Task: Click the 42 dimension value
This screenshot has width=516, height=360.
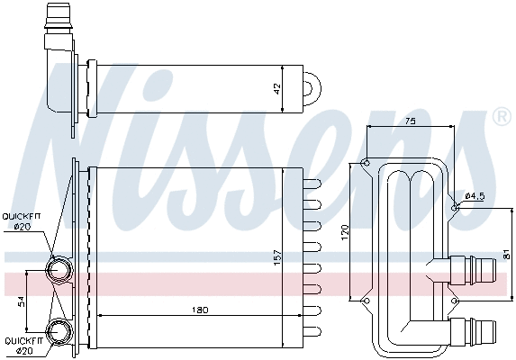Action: point(277,88)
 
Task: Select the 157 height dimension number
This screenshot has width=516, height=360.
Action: point(277,257)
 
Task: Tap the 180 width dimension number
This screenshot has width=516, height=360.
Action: point(200,310)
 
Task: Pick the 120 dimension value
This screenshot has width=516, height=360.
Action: point(344,231)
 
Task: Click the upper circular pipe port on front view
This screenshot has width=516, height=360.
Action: point(60,269)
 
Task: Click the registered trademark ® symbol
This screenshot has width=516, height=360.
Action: point(501,117)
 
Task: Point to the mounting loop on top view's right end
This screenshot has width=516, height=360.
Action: point(311,88)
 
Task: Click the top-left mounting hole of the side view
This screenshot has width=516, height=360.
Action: point(365,163)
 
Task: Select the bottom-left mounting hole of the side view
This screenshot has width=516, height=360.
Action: point(366,301)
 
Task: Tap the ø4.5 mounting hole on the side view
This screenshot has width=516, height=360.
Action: point(457,207)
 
